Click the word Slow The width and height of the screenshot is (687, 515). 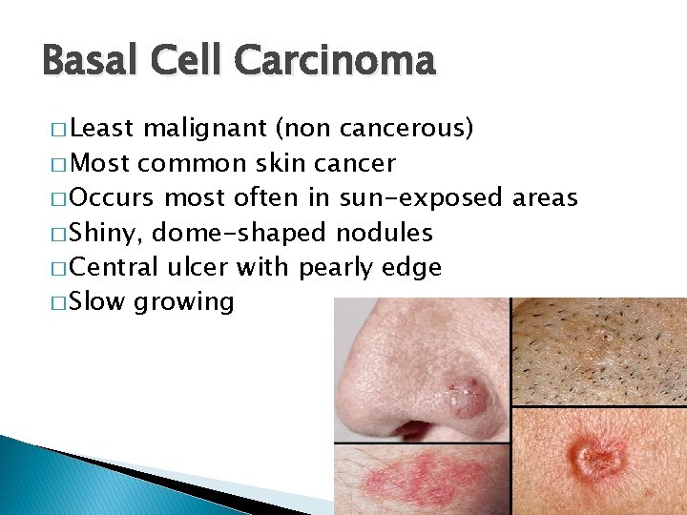[x=98, y=301]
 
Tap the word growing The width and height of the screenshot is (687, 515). [x=184, y=303]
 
